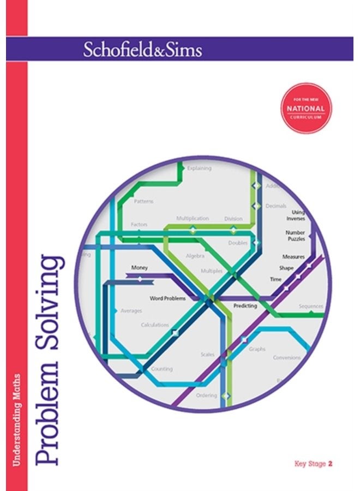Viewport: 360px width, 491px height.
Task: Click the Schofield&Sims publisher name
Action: click(x=142, y=50)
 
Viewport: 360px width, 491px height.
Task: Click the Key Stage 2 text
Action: click(x=313, y=464)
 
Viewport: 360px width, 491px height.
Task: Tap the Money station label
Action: click(x=140, y=268)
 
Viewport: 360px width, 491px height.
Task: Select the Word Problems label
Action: click(x=167, y=298)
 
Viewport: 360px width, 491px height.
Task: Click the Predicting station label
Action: click(x=245, y=306)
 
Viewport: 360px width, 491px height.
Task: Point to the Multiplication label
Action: click(x=192, y=218)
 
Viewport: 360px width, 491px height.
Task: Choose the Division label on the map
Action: click(x=233, y=219)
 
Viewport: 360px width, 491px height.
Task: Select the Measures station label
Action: click(x=293, y=256)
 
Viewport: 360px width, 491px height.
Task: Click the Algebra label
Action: click(x=195, y=255)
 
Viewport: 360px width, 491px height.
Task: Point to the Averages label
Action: click(x=131, y=311)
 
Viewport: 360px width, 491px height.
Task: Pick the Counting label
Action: click(x=161, y=369)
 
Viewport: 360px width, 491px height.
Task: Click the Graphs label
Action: click(x=257, y=349)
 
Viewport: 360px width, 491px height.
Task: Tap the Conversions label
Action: click(x=287, y=358)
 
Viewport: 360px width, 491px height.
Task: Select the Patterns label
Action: click(x=143, y=201)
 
